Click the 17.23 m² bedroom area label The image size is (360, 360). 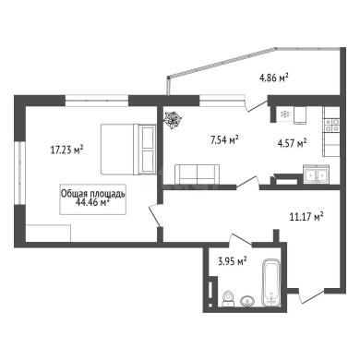[67, 150]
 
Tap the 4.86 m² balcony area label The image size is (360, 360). [274, 77]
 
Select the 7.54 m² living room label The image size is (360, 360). [224, 140]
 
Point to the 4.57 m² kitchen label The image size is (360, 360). [292, 143]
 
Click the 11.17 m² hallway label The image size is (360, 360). [306, 217]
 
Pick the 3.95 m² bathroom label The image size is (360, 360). [233, 262]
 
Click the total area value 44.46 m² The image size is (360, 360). [92, 202]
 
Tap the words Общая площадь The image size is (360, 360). [92, 194]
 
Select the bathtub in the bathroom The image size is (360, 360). [271, 282]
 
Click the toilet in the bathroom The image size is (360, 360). [228, 298]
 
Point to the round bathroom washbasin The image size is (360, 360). [247, 301]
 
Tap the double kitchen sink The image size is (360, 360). [316, 174]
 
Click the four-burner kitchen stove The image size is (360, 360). [332, 126]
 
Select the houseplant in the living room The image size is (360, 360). [173, 119]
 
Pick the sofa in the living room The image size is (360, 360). [198, 174]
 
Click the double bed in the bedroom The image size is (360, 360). [128, 150]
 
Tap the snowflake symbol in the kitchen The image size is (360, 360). [285, 114]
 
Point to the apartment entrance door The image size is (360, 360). [311, 296]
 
